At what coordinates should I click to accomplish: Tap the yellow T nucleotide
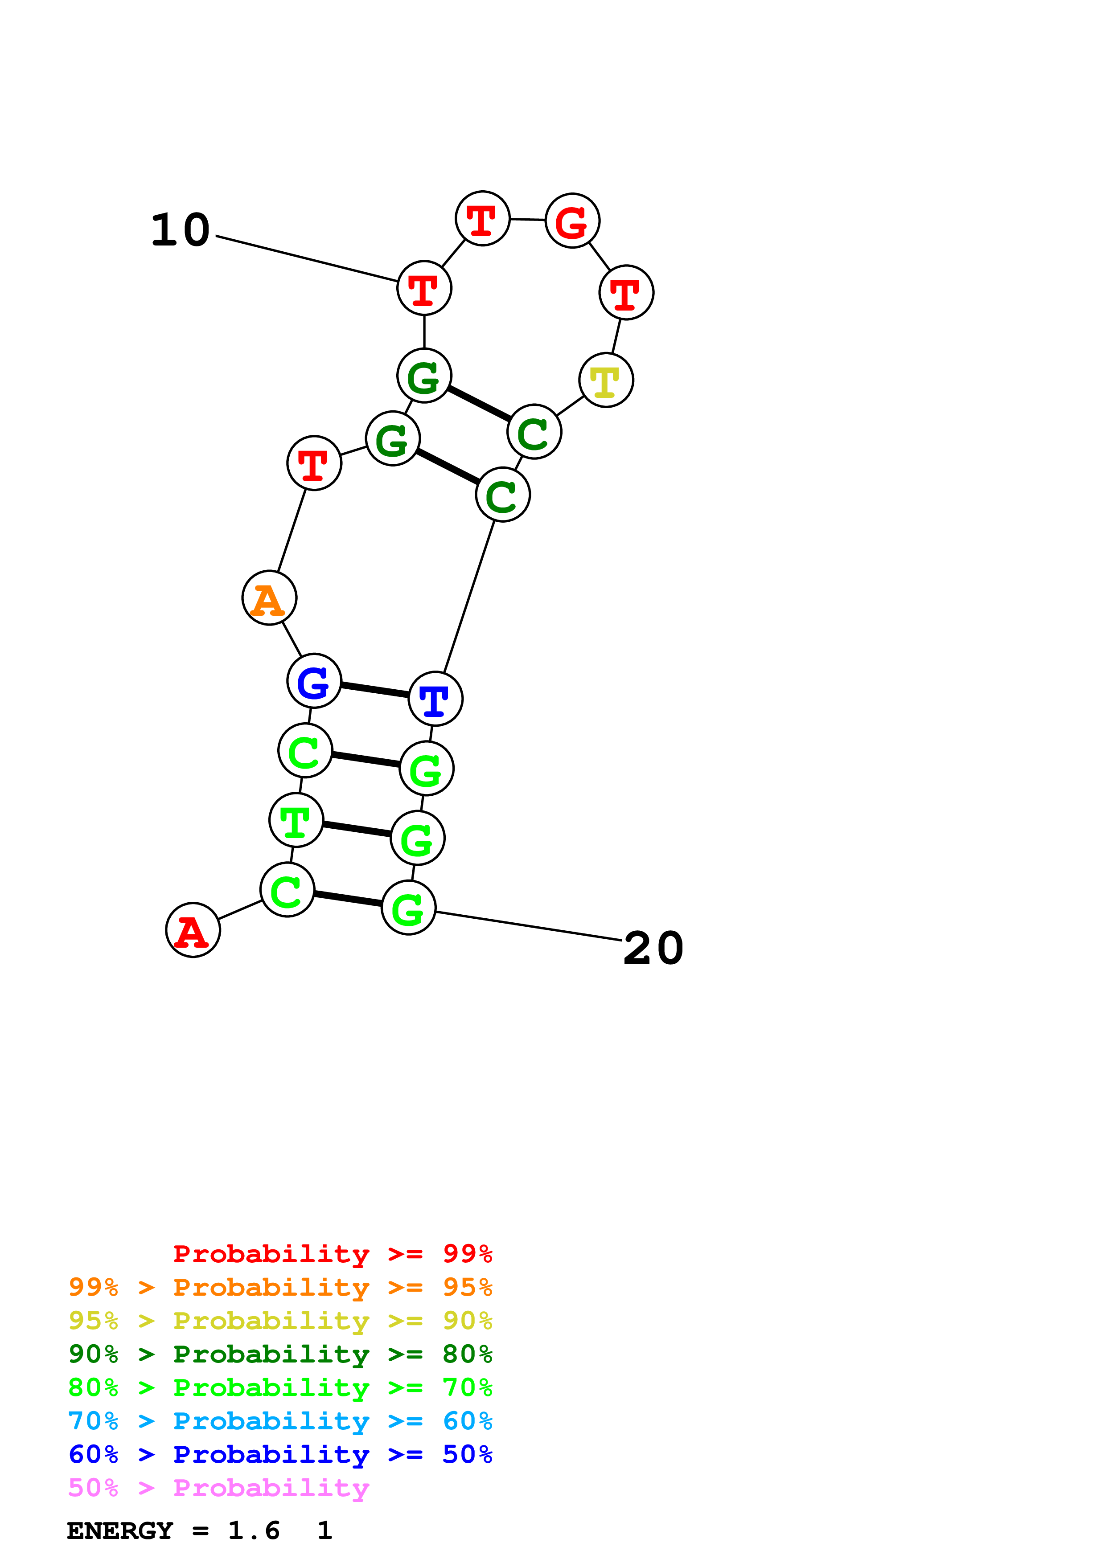(x=606, y=380)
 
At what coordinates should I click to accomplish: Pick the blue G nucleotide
(x=314, y=681)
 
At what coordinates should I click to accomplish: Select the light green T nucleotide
(x=296, y=820)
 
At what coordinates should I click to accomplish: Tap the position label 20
(x=653, y=948)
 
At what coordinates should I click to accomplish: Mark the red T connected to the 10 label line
(x=424, y=288)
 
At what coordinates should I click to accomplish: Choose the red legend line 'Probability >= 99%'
(x=332, y=1254)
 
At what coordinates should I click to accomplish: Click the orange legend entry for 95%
(x=280, y=1287)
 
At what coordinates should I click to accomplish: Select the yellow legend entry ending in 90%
(x=280, y=1321)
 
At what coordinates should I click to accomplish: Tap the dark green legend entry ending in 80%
(x=280, y=1354)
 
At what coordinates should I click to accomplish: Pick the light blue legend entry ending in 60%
(x=280, y=1421)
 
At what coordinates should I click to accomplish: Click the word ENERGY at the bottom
(x=120, y=1531)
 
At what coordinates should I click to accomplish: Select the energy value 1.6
(x=253, y=1531)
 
